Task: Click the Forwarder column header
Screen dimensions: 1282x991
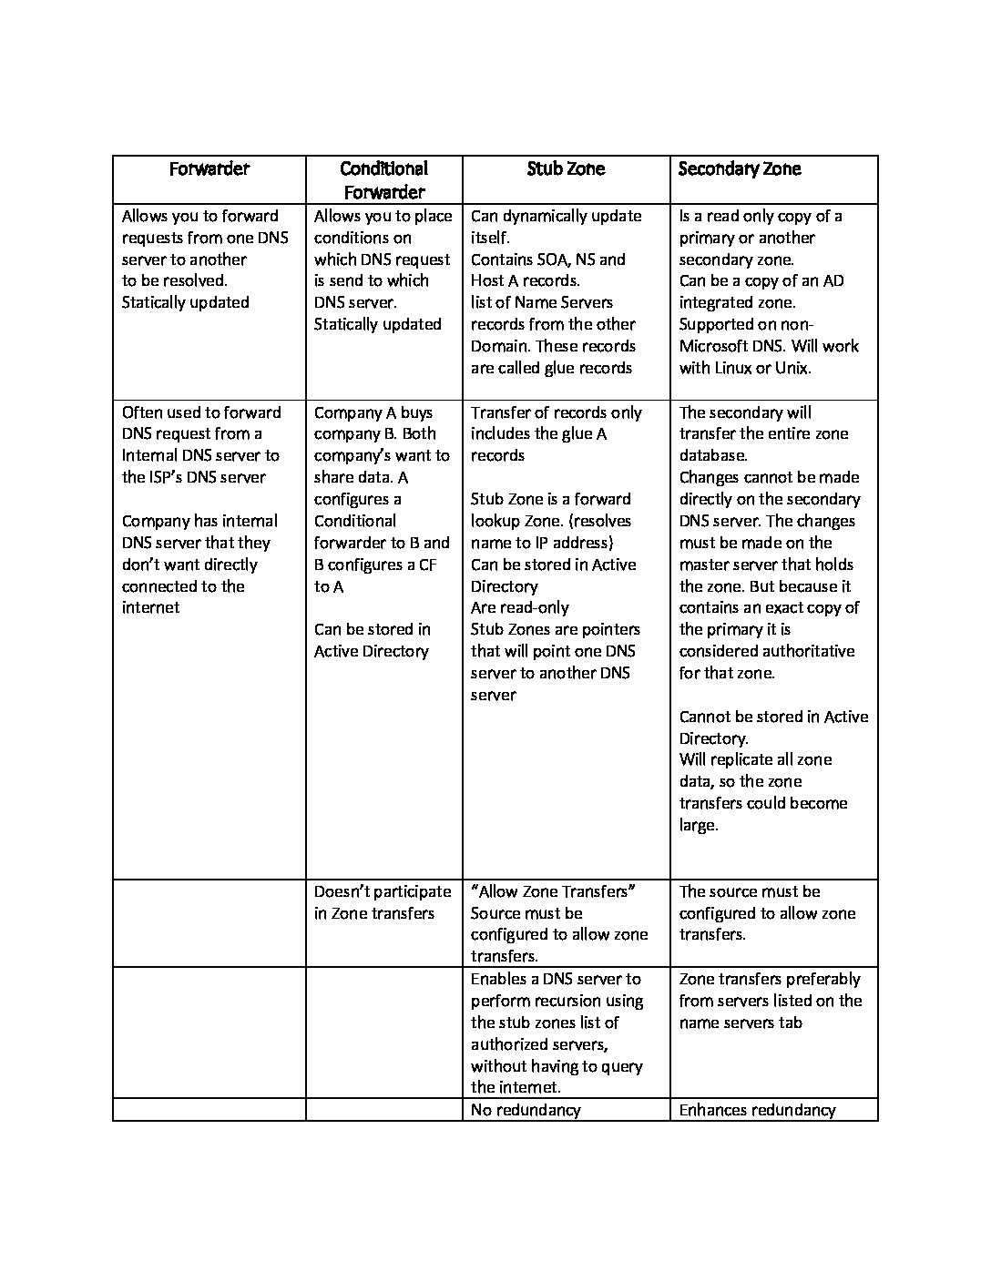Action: point(209,169)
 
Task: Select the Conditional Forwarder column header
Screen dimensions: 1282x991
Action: point(383,180)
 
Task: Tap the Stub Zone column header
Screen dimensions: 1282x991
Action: point(566,169)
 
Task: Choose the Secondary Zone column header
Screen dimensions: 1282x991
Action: point(740,169)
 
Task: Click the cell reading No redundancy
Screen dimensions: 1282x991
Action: point(526,1110)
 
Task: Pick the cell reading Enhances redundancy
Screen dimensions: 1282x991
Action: point(757,1110)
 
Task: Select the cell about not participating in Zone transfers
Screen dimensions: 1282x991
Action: point(383,902)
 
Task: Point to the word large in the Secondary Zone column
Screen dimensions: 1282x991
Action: point(698,825)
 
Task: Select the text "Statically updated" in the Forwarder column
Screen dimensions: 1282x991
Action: point(186,302)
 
